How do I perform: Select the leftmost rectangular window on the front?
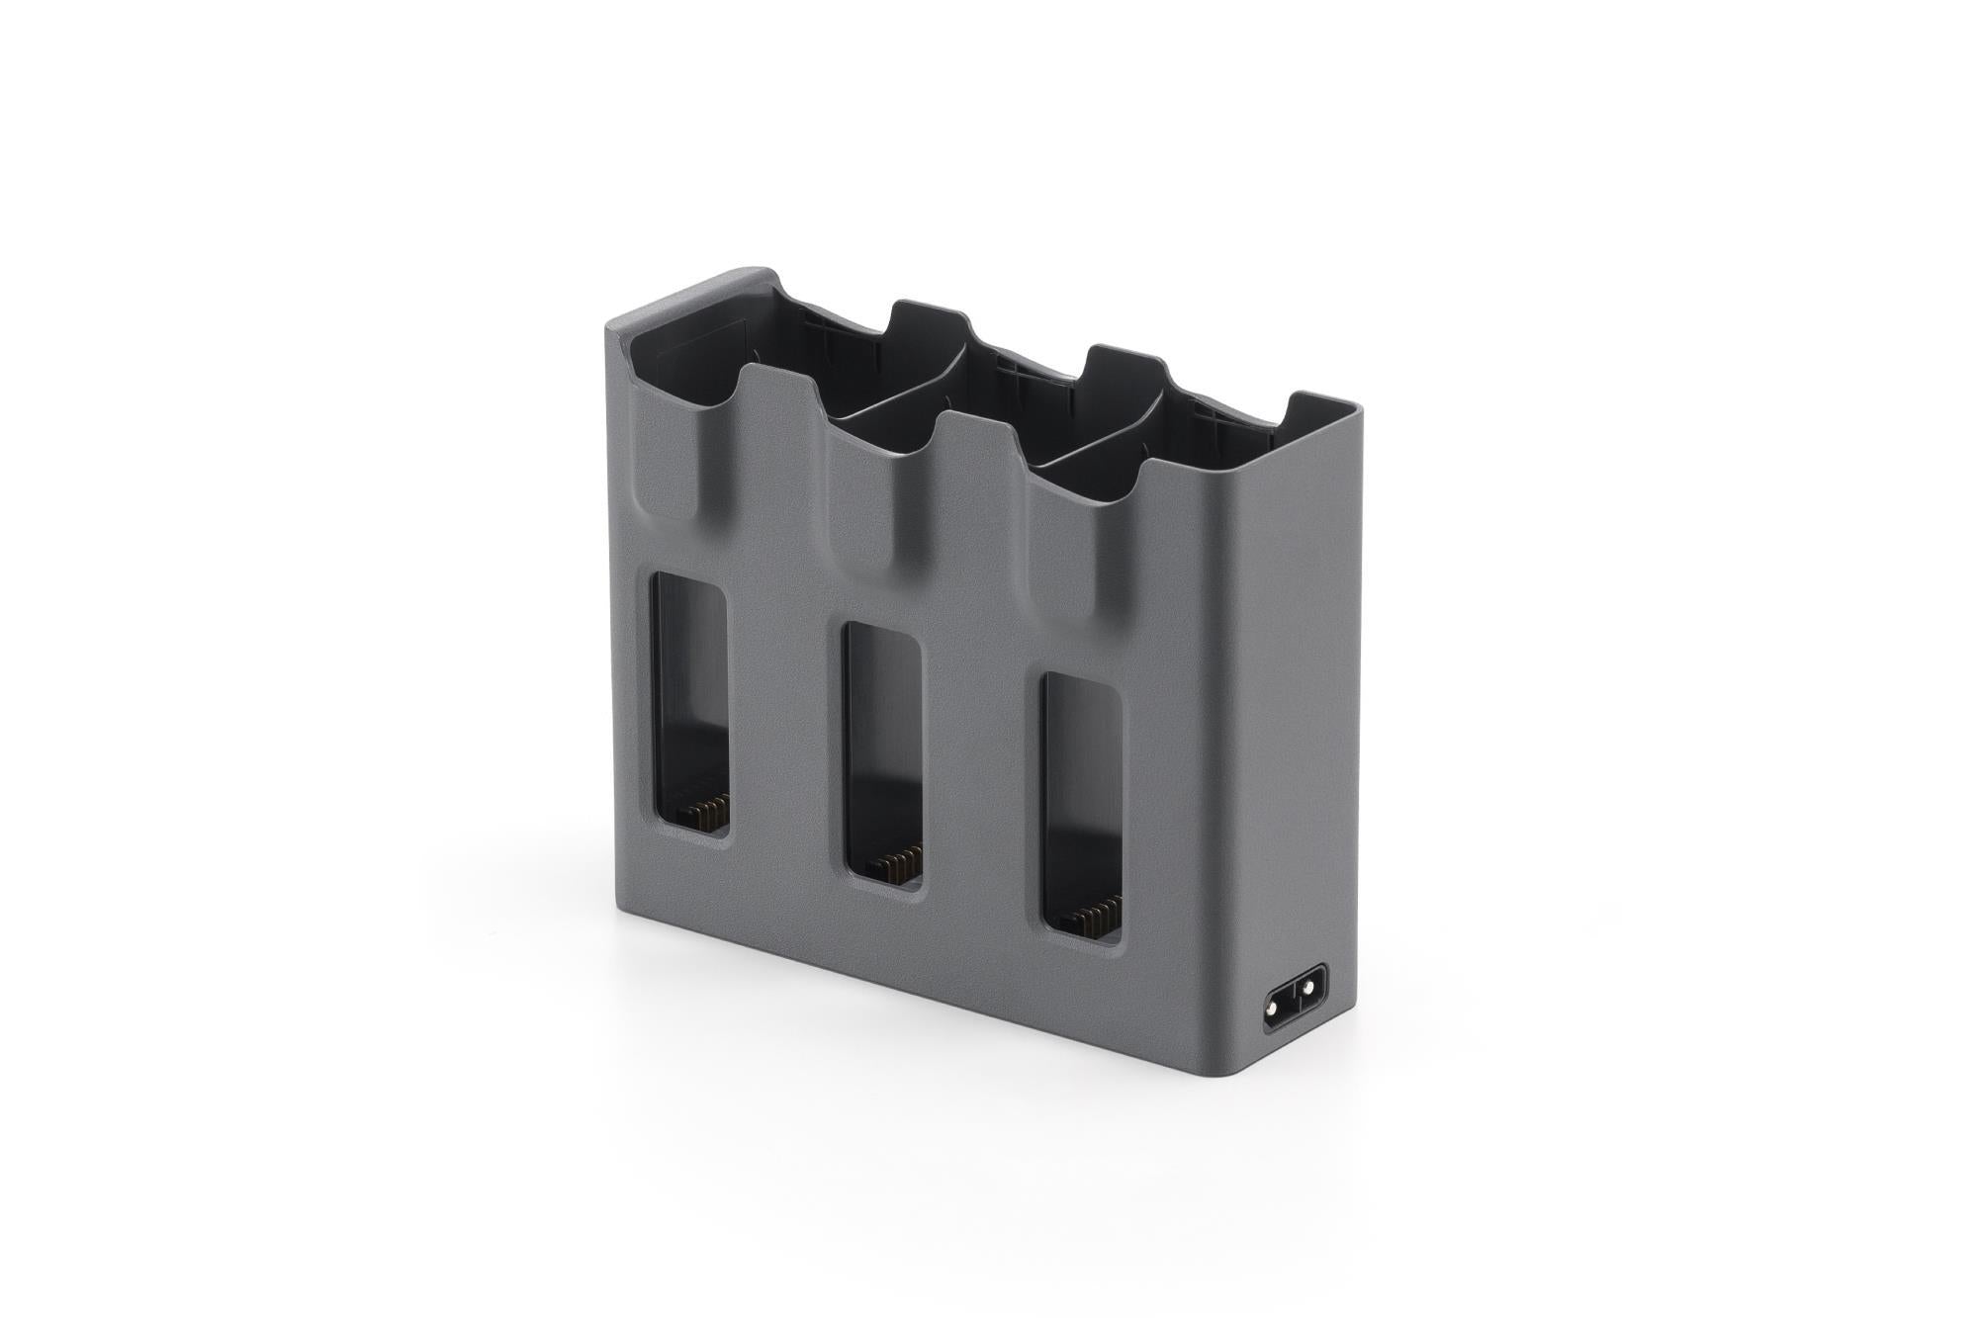(689, 703)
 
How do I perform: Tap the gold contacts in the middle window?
(897, 862)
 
